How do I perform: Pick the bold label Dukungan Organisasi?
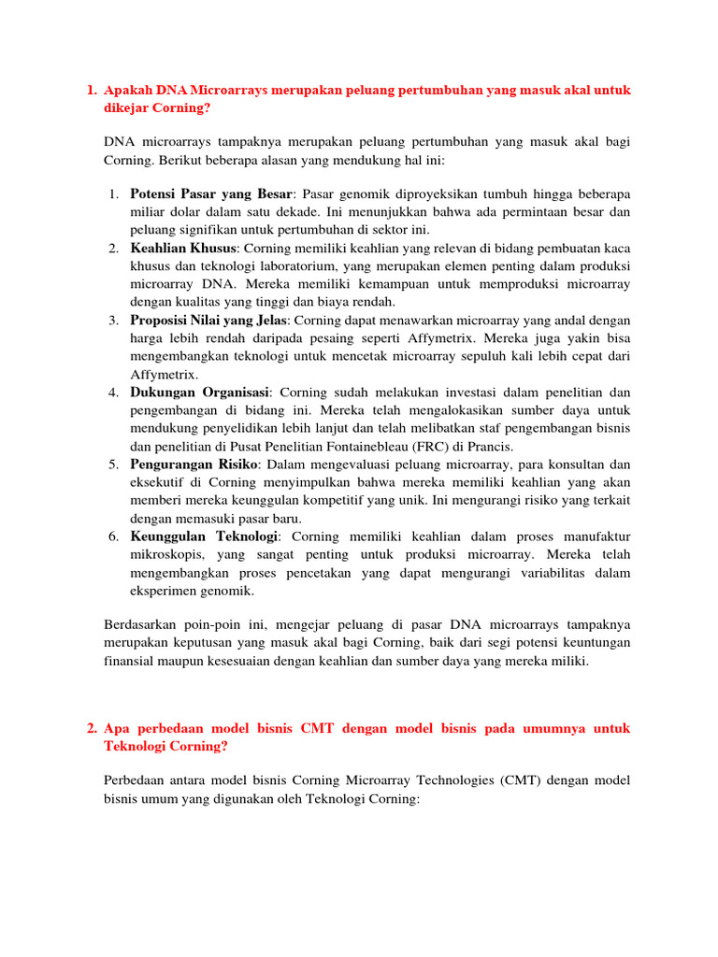199,393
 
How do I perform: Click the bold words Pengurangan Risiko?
194,464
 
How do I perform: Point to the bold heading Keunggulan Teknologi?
205,536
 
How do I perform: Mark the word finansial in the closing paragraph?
133,661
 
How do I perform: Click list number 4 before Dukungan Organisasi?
112,393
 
